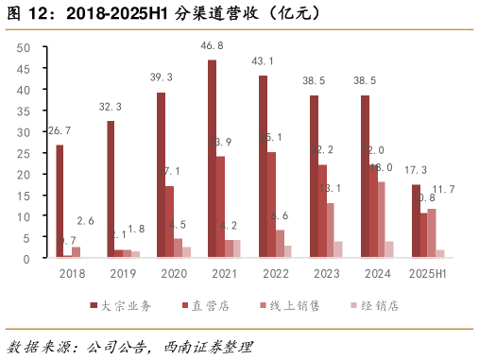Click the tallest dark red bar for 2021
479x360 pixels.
[212, 159]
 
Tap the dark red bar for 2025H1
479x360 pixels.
[415, 221]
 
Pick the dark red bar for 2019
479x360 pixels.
[111, 189]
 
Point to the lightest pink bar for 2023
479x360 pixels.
[338, 249]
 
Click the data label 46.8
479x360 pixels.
[212, 45]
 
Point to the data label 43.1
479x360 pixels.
[263, 61]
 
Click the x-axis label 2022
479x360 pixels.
[276, 273]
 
